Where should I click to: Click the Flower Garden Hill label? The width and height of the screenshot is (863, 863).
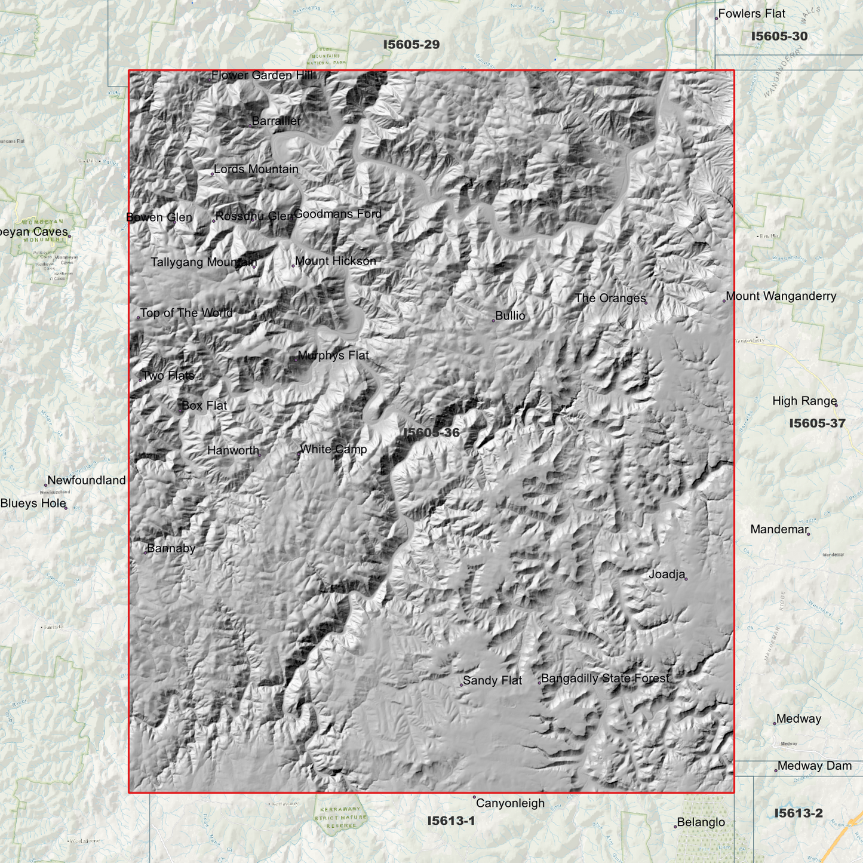point(262,75)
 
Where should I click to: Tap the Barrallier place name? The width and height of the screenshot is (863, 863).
point(276,121)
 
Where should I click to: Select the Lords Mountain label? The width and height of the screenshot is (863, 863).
point(256,169)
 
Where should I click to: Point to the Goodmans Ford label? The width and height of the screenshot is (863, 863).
point(337,214)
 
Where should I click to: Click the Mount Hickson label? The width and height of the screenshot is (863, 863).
point(335,261)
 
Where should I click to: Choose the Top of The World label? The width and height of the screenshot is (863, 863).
point(186,313)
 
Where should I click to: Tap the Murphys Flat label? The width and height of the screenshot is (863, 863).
point(333,355)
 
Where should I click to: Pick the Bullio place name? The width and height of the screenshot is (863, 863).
point(510,316)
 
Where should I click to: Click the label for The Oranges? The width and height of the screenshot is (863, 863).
point(610,298)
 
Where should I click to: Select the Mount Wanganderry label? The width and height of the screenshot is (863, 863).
point(781,296)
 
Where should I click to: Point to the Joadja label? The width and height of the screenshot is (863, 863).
point(667,575)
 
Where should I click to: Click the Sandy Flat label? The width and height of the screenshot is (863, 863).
point(492,680)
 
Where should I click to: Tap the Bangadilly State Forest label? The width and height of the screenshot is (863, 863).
point(605,678)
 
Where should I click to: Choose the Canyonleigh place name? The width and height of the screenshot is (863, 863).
point(510,803)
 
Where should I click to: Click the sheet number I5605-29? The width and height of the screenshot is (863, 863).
point(411,44)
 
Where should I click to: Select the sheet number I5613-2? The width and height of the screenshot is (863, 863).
point(798,813)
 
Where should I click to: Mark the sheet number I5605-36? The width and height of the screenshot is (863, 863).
point(431,432)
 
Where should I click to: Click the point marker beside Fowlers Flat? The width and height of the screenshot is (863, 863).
point(717,19)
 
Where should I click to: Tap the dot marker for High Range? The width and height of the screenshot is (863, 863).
point(836,405)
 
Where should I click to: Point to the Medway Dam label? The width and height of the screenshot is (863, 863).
point(814,766)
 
